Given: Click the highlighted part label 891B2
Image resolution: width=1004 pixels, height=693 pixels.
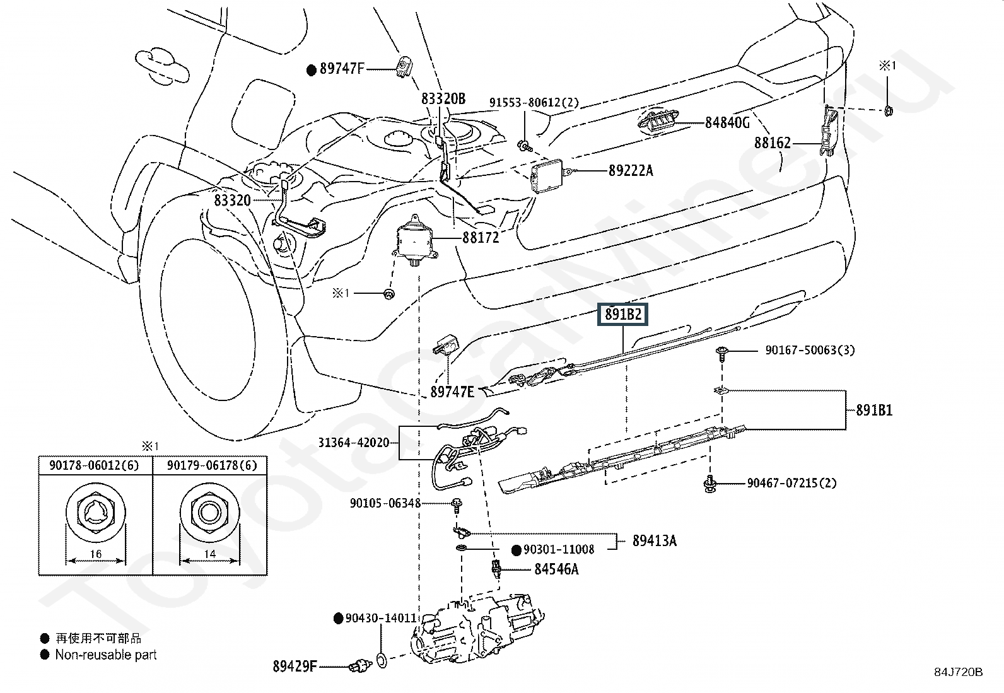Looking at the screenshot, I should [623, 314].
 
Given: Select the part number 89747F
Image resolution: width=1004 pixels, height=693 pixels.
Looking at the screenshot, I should [342, 69].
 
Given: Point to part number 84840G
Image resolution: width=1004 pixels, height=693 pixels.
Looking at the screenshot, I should [727, 122].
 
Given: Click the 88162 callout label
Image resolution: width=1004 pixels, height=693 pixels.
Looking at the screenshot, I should [772, 143].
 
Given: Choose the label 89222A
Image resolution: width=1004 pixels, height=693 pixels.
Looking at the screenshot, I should [631, 170].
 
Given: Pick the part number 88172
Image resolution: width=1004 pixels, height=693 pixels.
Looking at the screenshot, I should [480, 238].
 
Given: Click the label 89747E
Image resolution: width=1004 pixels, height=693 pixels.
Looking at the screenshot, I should [452, 392].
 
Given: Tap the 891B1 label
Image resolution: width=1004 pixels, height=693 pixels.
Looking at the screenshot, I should [873, 411].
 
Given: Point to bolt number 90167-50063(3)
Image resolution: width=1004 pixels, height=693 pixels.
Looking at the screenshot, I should [810, 350].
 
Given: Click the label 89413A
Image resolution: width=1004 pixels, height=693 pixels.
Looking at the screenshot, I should [655, 540].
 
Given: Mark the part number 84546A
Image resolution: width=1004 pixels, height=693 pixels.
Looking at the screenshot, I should [556, 569].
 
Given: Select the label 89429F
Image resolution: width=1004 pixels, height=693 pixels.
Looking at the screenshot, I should [295, 665].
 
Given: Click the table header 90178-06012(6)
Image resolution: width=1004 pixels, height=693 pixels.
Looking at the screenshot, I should [95, 465].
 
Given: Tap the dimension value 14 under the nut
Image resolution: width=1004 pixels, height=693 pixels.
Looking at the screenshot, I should [210, 554].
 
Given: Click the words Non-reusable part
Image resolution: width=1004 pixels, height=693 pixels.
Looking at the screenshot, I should [106, 655].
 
